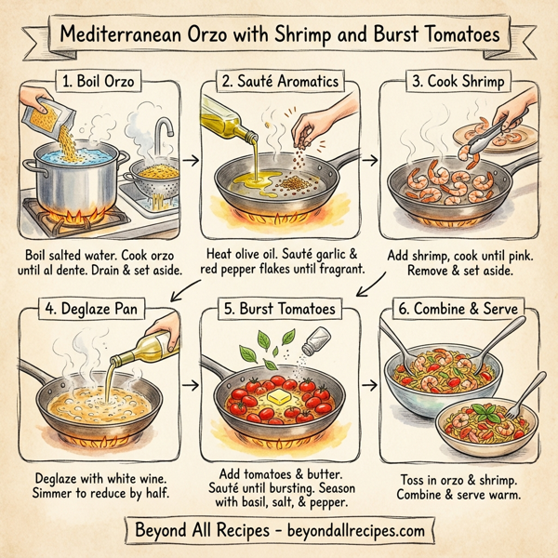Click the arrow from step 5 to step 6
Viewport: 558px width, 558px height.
[x=370, y=382]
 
